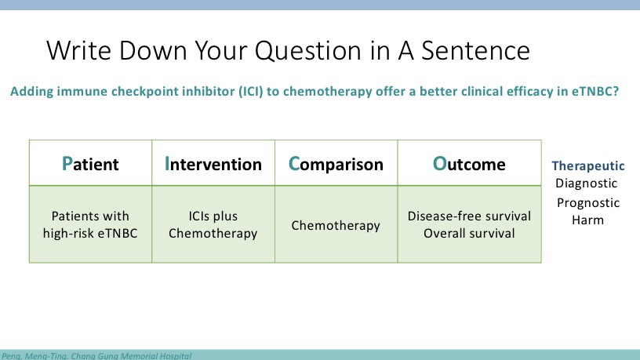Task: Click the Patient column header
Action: tap(90, 164)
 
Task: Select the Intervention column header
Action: tap(213, 164)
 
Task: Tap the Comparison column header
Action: tap(336, 164)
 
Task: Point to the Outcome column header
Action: tap(469, 164)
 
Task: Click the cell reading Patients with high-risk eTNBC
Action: tap(90, 224)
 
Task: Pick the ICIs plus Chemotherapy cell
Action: tap(213, 224)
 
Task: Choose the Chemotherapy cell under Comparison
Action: tap(336, 225)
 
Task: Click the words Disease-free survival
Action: tap(469, 216)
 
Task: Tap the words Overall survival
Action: tap(469, 233)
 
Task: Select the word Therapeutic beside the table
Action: tap(588, 165)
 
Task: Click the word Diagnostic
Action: tap(586, 184)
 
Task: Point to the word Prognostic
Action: tap(588, 203)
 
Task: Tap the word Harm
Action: tap(587, 220)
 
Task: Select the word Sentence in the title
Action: tap(475, 51)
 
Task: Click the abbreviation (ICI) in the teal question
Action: tap(251, 92)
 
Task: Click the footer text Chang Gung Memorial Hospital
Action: tap(131, 356)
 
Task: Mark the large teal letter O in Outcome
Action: tap(439, 164)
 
